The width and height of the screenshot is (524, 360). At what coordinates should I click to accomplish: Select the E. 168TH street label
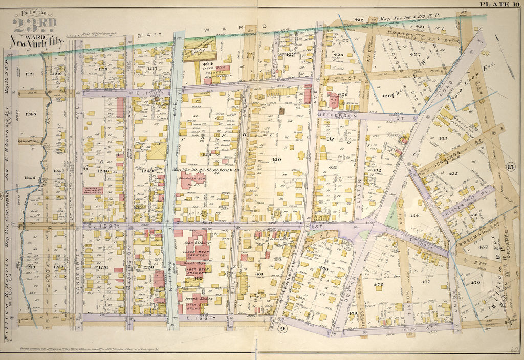[189, 318]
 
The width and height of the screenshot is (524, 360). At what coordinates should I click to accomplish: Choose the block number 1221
[29, 74]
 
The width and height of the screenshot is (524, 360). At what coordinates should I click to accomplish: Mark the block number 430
[276, 160]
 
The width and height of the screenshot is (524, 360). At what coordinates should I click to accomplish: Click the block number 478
[379, 284]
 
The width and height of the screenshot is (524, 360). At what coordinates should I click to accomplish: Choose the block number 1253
[31, 267]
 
